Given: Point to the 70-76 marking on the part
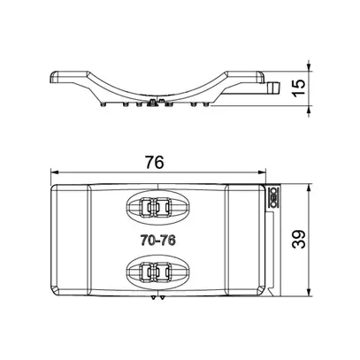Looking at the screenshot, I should point(157,238).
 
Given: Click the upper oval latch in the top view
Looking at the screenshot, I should point(157,209).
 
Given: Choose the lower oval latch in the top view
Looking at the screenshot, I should point(157,270).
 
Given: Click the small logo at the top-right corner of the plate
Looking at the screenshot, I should point(274,199).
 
